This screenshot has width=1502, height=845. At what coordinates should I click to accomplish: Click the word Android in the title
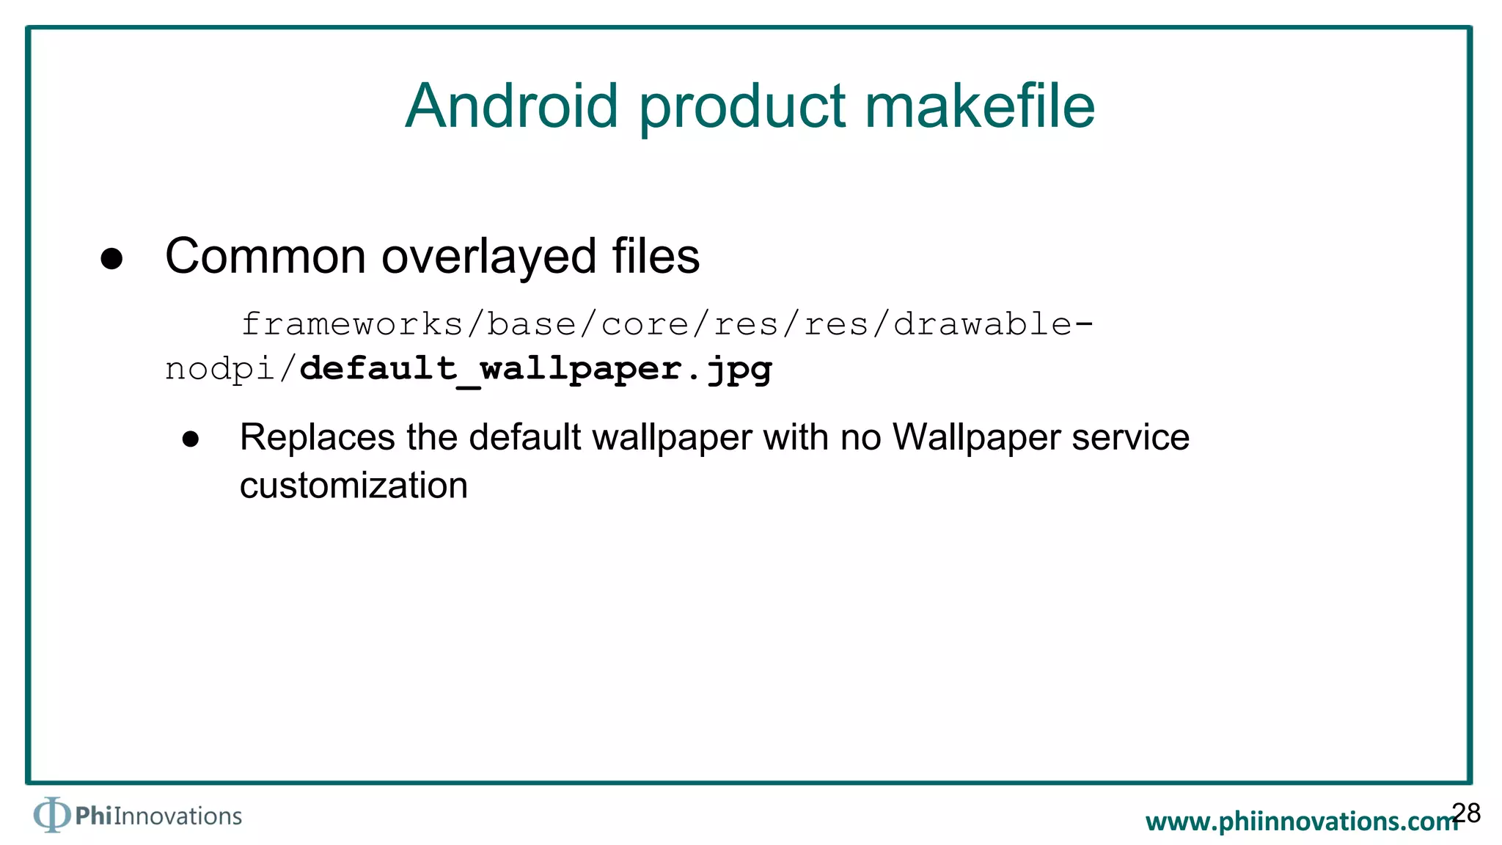(x=511, y=106)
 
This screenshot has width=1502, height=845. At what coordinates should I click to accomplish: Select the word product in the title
(x=742, y=108)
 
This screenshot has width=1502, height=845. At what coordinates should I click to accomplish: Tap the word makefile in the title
(x=980, y=106)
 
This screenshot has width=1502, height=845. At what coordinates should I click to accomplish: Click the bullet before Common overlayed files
(x=111, y=258)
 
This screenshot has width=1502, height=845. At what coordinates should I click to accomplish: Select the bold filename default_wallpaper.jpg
(x=535, y=369)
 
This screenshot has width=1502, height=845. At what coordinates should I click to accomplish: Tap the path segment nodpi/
(x=230, y=369)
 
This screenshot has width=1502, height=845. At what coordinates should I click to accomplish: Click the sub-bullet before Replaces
(x=191, y=439)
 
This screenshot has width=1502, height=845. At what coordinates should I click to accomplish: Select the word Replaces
(x=318, y=438)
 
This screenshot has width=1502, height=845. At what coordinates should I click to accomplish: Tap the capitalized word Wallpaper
(x=976, y=438)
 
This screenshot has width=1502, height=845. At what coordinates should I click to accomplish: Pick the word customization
(x=353, y=486)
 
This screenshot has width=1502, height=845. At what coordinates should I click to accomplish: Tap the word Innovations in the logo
(x=177, y=816)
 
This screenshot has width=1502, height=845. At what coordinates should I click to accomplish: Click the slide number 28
(x=1466, y=813)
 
